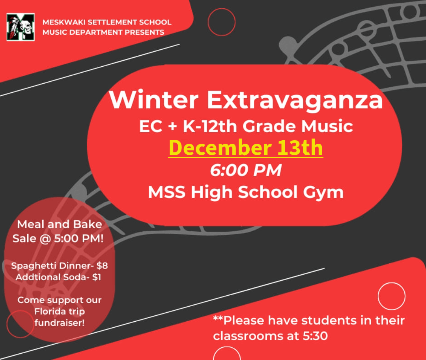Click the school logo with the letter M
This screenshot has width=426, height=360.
pyautogui.click(x=21, y=27)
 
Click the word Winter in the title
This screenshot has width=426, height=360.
pyautogui.click(x=154, y=100)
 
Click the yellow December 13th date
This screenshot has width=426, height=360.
pyautogui.click(x=246, y=147)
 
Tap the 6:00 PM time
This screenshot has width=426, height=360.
pyautogui.click(x=246, y=171)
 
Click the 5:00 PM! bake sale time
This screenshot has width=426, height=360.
pyautogui.click(x=79, y=238)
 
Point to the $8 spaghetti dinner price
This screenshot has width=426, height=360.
pyautogui.click(x=102, y=266)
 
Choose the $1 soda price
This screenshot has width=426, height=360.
pyautogui.click(x=97, y=277)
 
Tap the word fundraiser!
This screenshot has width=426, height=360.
pyautogui.click(x=60, y=323)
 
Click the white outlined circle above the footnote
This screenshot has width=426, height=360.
pyautogui.click(x=378, y=296)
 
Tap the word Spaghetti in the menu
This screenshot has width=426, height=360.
pyautogui.click(x=34, y=266)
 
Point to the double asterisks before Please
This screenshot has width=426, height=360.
pyautogui.click(x=218, y=318)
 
